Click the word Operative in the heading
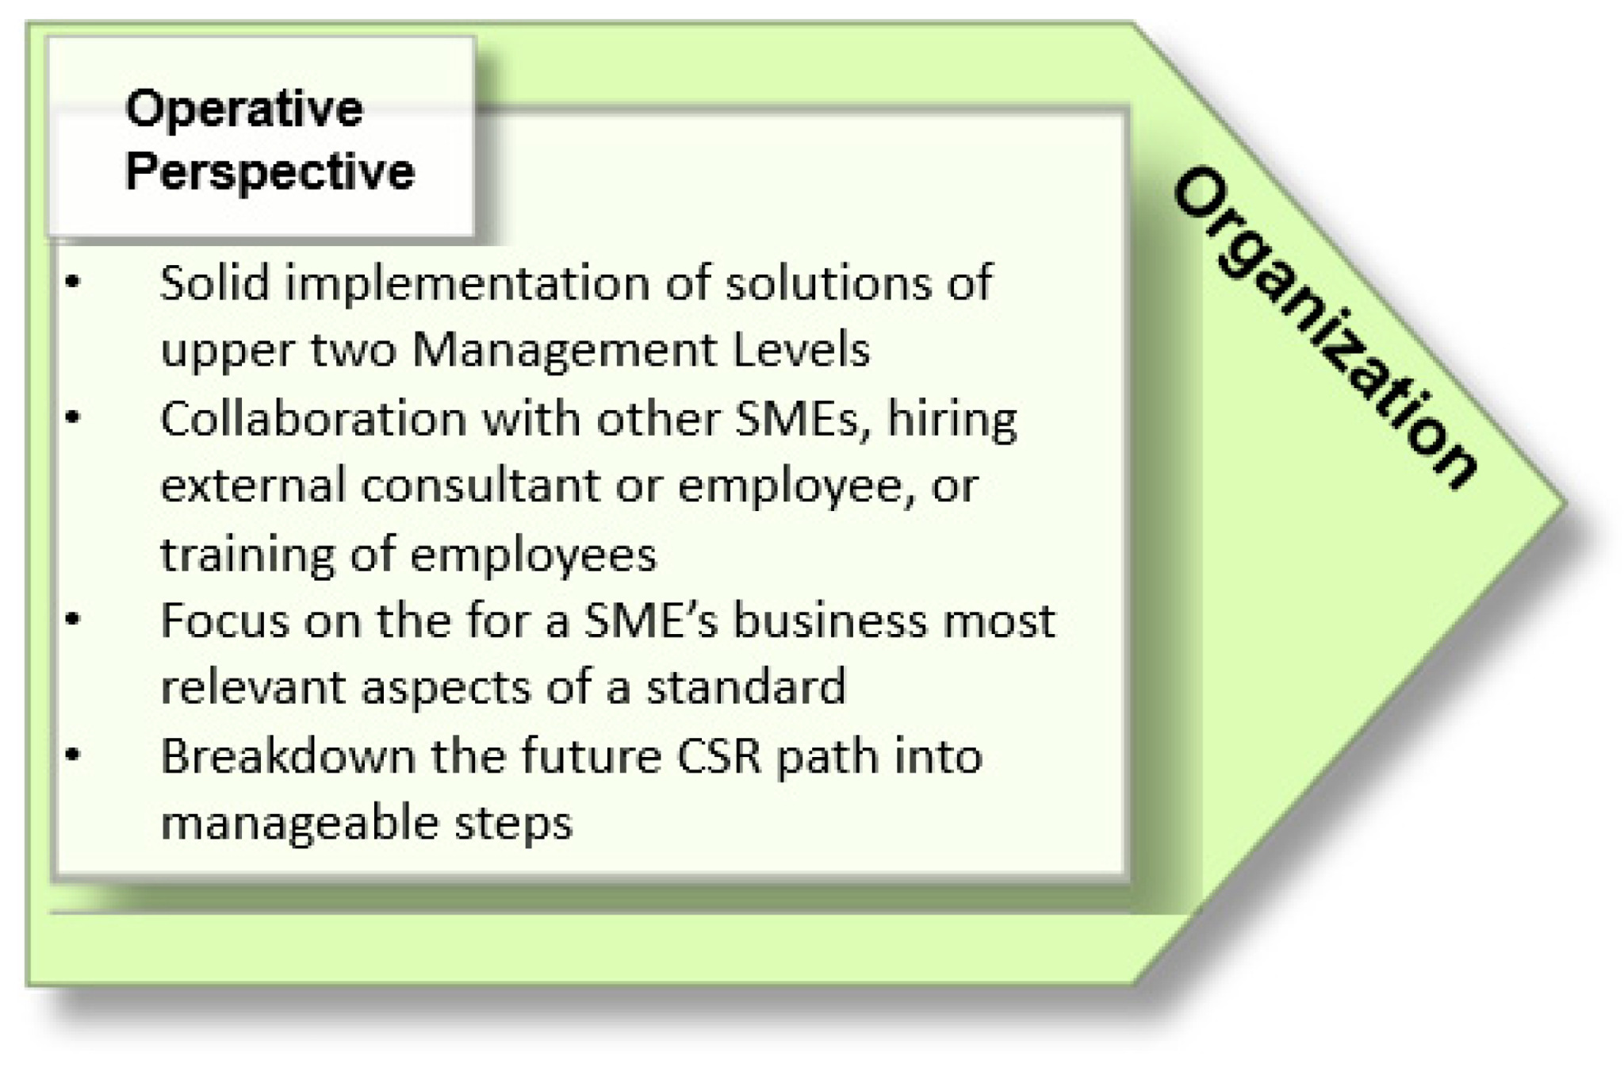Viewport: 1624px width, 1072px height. tap(243, 109)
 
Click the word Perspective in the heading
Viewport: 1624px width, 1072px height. tap(270, 171)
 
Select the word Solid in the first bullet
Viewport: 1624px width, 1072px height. tap(215, 282)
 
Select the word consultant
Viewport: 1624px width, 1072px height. tap(480, 485)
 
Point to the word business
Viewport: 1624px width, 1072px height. tap(829, 620)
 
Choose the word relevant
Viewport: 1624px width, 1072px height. tap(254, 687)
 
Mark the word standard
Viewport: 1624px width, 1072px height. tap(746, 687)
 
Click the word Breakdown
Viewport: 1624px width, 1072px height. tap(288, 755)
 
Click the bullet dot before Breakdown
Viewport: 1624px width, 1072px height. tap(73, 755)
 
